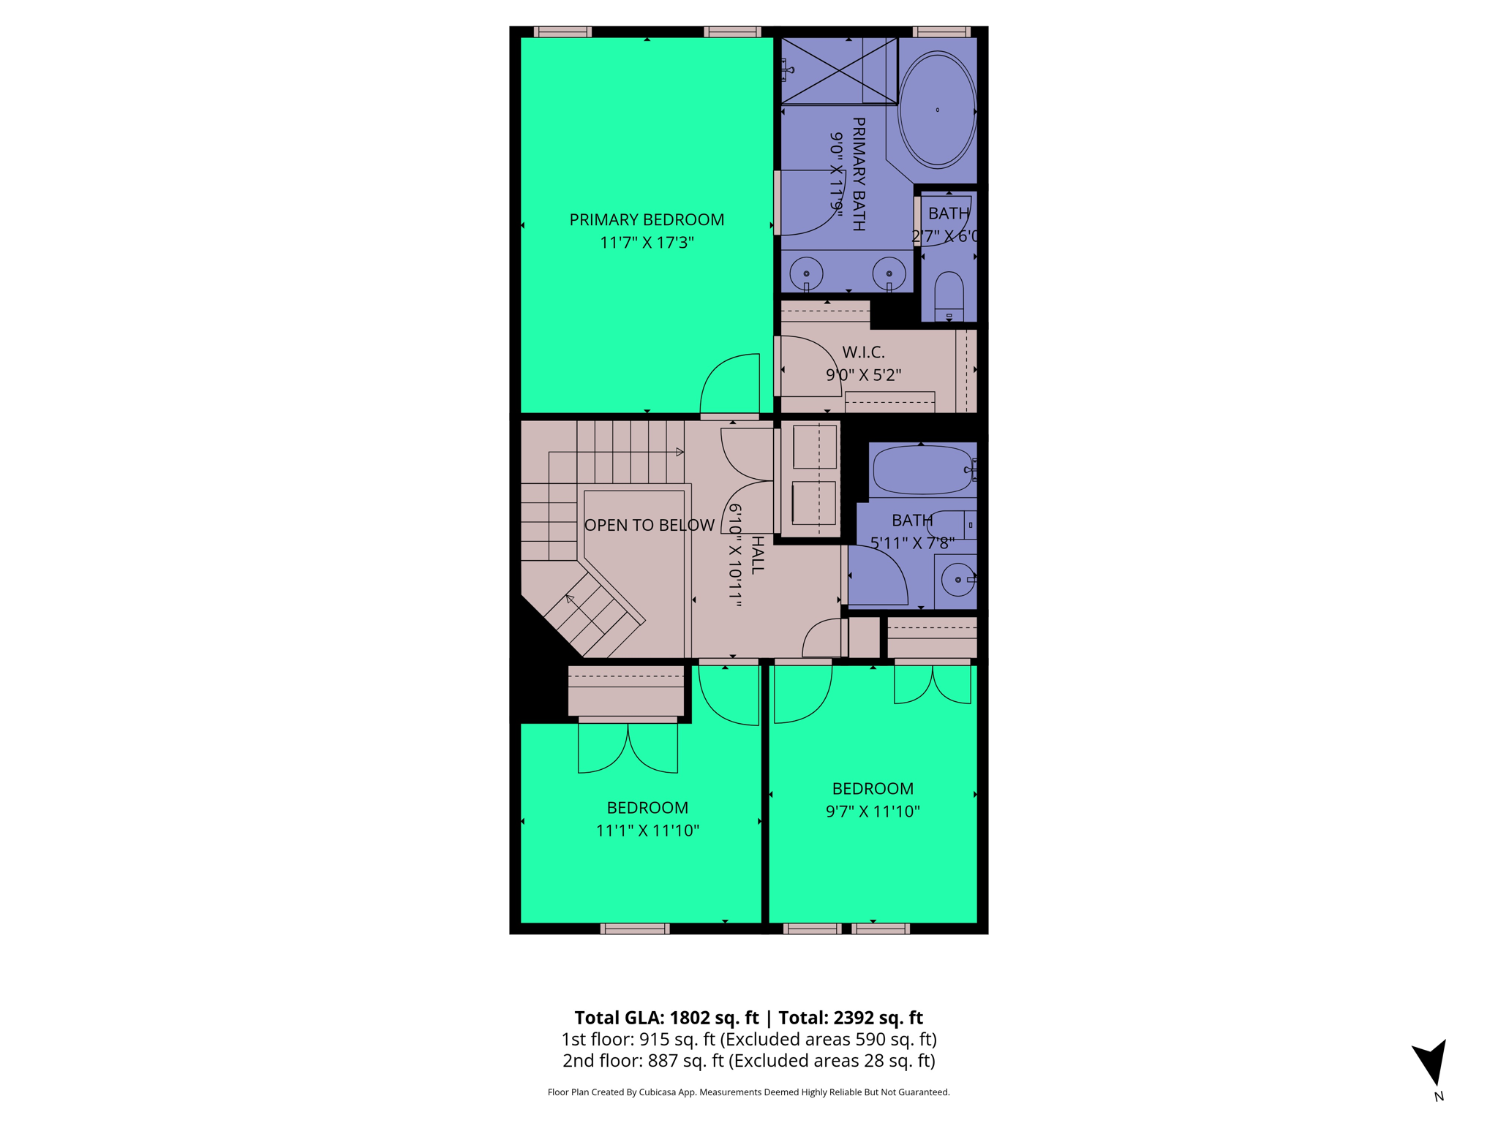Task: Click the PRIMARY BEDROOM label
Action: tap(647, 219)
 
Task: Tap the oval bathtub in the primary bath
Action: tap(937, 110)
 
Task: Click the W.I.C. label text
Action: tap(863, 352)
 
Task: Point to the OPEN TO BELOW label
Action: tap(649, 525)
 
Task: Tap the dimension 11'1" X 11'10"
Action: tap(647, 831)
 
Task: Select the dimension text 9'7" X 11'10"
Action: tap(873, 812)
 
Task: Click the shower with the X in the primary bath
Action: tap(839, 70)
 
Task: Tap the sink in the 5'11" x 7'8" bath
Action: tap(957, 580)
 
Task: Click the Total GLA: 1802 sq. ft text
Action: tap(666, 1018)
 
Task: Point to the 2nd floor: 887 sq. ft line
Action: tap(748, 1061)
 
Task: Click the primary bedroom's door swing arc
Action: tap(729, 384)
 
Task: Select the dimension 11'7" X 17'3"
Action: tap(647, 243)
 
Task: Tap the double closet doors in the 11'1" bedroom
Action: tap(628, 747)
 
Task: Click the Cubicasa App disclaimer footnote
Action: tap(748, 1092)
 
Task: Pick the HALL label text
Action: tap(758, 554)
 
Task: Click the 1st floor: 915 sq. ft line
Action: tap(748, 1039)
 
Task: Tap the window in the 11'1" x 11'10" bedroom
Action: tap(635, 929)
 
